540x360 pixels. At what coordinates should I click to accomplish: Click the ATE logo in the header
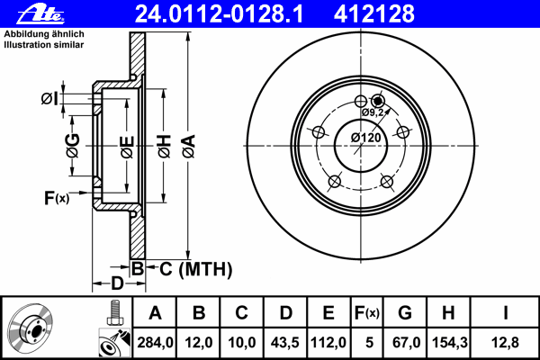(40, 14)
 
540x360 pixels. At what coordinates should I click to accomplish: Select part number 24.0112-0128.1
(219, 13)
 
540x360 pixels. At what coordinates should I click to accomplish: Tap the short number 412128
(374, 13)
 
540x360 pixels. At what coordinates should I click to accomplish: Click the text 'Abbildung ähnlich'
(44, 34)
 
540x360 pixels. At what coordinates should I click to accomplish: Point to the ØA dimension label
(189, 147)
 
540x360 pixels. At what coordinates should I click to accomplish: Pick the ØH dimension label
(165, 147)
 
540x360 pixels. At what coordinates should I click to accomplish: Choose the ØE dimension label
(127, 147)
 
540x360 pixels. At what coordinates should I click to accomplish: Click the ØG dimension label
(73, 146)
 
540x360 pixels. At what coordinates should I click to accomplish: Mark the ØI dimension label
(49, 99)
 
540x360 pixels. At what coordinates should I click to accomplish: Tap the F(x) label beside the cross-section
(57, 198)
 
